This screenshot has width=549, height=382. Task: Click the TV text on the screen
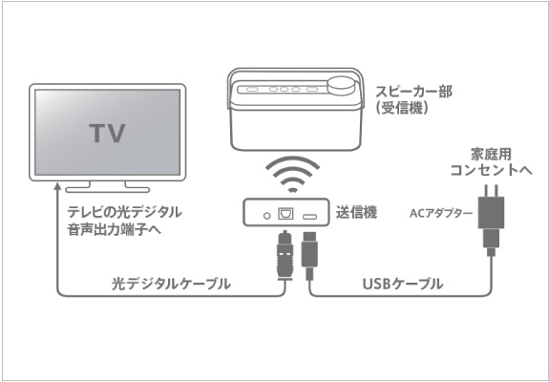107,134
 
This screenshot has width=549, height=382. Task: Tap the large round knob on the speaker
340,86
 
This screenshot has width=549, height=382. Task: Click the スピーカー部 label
413,92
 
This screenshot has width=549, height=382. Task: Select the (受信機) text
402,108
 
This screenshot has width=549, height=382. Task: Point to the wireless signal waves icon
293,174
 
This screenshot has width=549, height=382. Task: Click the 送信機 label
356,213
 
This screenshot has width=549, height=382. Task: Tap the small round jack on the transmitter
266,216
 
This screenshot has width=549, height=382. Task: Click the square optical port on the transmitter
285,214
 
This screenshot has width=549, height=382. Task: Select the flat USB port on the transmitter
310,217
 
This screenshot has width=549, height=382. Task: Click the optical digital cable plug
285,255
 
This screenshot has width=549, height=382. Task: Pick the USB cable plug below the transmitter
309,255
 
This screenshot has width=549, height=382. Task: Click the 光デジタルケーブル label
171,284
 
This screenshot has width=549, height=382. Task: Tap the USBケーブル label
403,284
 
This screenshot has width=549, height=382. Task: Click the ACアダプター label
441,214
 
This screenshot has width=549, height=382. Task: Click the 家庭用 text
491,155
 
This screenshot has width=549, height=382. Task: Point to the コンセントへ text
491,171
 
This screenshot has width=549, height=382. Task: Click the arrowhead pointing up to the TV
57,186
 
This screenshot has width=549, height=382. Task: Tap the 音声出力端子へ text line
115,229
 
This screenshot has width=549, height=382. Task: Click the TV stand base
108,190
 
